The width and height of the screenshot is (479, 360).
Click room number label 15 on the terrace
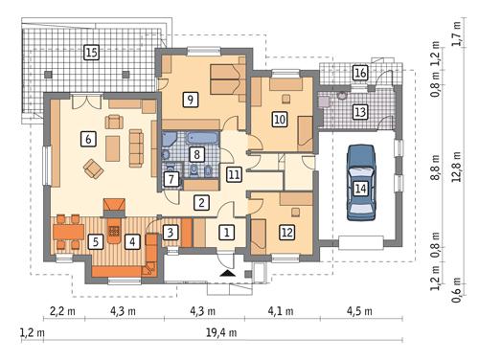tap(91, 52)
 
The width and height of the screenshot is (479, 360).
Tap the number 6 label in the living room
tap(87, 139)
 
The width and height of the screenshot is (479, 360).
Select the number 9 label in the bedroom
tap(191, 99)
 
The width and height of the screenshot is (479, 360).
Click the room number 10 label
tap(279, 120)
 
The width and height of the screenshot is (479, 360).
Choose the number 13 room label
tap(359, 112)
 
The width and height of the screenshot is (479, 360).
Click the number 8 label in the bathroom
tap(196, 153)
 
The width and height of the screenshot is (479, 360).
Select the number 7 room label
tap(171, 179)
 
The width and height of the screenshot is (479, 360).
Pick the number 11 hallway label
tap(234, 174)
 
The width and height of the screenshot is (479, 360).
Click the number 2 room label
tap(201, 202)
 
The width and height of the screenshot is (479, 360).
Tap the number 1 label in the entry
tap(226, 232)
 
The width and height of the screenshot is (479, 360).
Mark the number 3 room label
tap(169, 232)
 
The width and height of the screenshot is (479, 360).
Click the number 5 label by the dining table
tap(96, 241)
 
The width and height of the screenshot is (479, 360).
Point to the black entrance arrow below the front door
tap(226, 274)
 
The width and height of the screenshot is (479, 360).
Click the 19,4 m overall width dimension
tap(223, 332)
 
